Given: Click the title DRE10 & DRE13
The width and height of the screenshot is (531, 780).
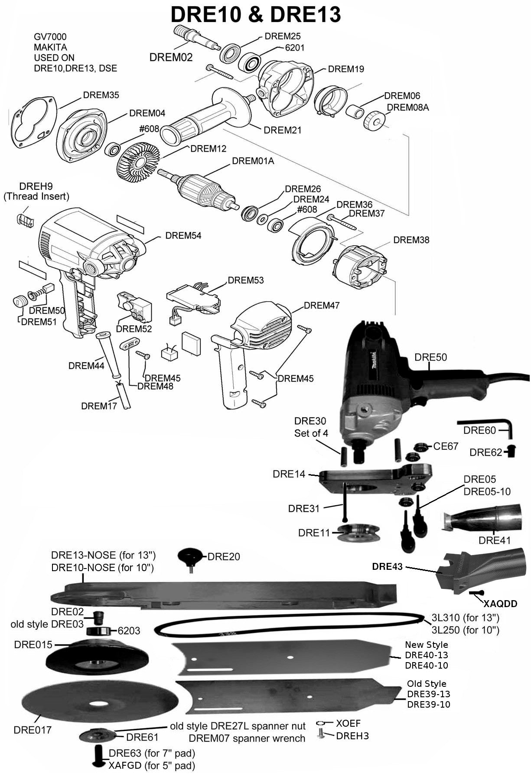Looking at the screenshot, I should [x=255, y=14].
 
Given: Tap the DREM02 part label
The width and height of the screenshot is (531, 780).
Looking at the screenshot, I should [x=171, y=57].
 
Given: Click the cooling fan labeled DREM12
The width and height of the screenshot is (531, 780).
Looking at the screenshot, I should [x=138, y=162].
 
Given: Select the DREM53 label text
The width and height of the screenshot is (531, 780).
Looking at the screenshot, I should [x=245, y=280].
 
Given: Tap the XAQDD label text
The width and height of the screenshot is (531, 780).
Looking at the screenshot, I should [x=500, y=604].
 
